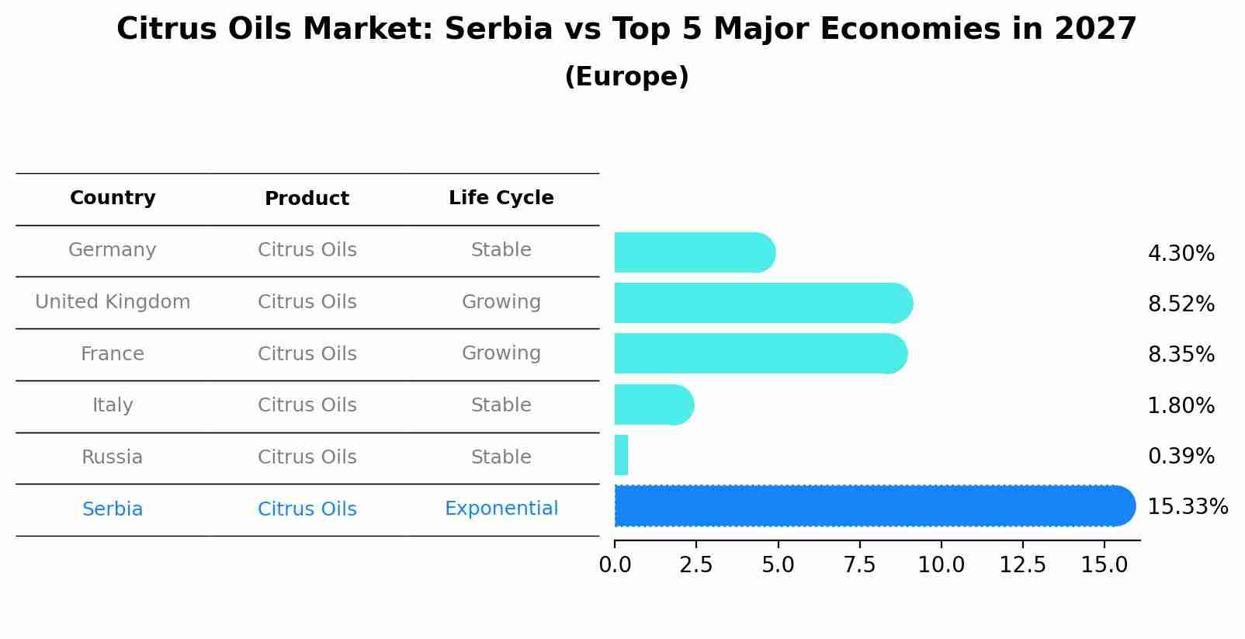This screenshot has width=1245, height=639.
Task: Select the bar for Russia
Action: pos(621,455)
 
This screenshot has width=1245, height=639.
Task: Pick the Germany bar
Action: pos(695,252)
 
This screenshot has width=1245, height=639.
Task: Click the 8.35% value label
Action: pos(1181,355)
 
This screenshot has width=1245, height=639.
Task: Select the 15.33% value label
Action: pos(1188,507)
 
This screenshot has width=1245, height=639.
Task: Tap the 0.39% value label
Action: pos(1181,457)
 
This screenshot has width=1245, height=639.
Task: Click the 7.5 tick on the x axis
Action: pos(859,565)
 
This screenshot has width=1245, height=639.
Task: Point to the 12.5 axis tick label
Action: pos(1023,565)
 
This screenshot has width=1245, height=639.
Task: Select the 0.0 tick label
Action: pos(615,565)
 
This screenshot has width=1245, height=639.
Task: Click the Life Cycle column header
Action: pos(501,198)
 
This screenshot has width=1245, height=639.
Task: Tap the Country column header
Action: pos(113,198)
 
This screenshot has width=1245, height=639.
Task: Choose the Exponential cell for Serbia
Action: pos(501,509)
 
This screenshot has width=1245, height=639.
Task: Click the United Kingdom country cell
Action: pos(113,302)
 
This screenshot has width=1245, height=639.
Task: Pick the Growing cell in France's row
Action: pos(501,353)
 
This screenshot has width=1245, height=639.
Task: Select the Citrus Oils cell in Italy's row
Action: pos(307,405)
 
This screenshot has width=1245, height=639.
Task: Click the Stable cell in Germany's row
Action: pos(501,250)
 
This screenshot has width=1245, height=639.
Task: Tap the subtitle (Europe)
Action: pos(626,77)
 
